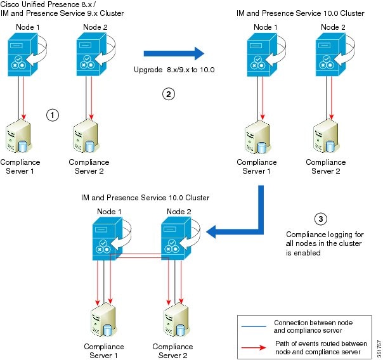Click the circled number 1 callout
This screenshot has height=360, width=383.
[53, 115]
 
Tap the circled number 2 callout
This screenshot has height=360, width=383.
[168, 94]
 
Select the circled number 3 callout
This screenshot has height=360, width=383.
[321, 219]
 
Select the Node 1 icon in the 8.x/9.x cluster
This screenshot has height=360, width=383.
[23, 53]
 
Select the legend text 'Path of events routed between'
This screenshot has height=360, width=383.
[320, 344]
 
